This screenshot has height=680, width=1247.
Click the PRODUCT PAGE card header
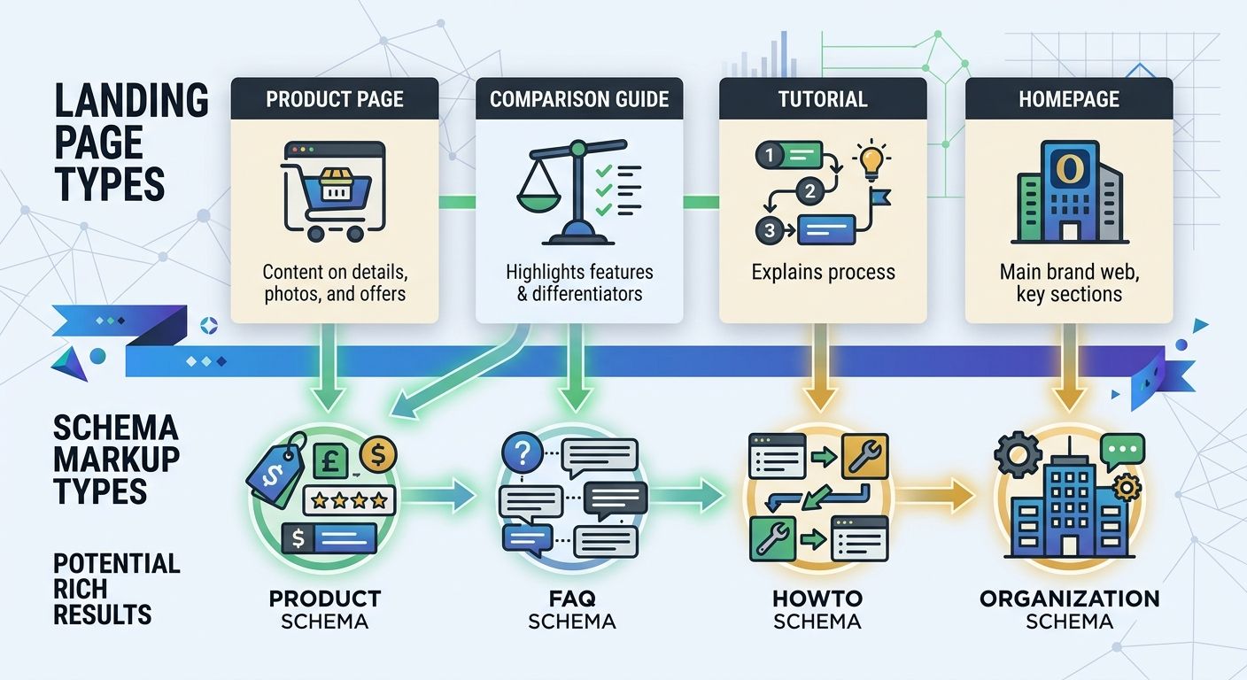[335, 98]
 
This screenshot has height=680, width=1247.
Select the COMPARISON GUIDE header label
[579, 98]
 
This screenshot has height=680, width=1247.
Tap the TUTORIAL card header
[823, 98]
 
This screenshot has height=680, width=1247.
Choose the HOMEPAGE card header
[1068, 98]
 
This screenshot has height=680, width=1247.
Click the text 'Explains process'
[823, 272]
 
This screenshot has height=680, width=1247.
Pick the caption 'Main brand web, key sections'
[1068, 282]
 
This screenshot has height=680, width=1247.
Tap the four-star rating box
[349, 501]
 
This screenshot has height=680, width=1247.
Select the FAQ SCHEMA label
[571, 609]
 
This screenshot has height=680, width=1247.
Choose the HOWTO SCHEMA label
[817, 609]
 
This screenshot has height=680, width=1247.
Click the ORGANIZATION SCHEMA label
[1069, 609]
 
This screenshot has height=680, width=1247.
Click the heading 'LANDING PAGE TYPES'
[131, 142]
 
